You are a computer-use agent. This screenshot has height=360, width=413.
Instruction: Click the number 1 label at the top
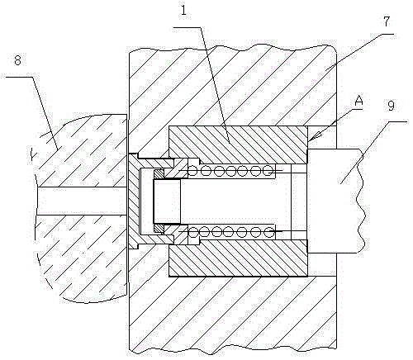tap(183, 11)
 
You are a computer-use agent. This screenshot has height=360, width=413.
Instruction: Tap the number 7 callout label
tap(387, 21)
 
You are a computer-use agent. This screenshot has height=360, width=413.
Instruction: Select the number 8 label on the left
tap(17, 60)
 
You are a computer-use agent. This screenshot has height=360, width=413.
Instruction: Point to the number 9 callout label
tap(391, 106)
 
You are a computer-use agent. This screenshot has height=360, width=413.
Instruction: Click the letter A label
tap(358, 101)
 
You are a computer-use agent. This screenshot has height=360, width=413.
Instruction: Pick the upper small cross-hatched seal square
tap(159, 174)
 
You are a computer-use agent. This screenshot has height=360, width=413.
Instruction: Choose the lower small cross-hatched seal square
tap(159, 229)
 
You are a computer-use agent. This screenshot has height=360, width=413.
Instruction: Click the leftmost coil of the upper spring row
tap(192, 172)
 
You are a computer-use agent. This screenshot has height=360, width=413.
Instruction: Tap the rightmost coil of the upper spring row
tap(268, 171)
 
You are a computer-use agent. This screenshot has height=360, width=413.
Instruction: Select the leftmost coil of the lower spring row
tap(192, 232)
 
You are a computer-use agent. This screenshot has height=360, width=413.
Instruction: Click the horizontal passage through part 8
tap(82, 201)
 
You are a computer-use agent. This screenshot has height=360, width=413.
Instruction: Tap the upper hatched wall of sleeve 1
tap(238, 144)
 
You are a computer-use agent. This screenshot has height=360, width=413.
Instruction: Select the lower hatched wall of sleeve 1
tap(238, 258)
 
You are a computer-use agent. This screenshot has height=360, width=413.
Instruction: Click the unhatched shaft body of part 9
tap(335, 201)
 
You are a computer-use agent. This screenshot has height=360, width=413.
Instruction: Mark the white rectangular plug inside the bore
tap(167, 201)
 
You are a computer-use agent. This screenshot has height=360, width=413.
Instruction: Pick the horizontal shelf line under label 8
tap(19, 77)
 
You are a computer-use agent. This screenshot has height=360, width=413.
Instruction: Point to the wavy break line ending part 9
tap(361, 201)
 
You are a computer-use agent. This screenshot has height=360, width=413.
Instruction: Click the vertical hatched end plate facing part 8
tap(134, 201)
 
